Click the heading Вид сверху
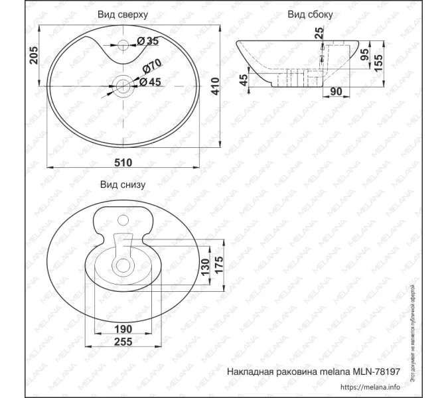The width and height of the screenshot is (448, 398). tap(123, 13)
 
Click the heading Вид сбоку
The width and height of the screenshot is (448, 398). tap(311, 13)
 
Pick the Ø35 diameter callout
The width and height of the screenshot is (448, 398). tap(148, 42)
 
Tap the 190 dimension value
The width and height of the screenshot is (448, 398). tap(123, 329)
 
